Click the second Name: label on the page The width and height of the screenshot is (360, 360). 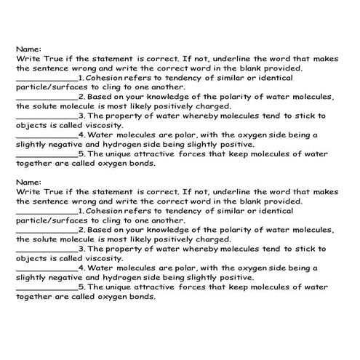[28, 182]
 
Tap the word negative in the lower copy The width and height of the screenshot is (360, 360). [70, 277]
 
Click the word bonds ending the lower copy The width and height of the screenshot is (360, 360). [140, 296]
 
